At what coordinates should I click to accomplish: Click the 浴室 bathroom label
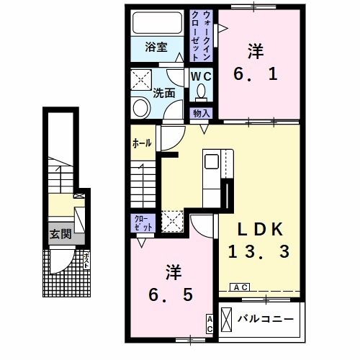(x=156, y=48)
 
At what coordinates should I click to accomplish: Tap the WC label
(x=199, y=76)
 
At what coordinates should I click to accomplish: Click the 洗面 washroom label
(x=165, y=93)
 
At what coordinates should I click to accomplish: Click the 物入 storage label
(x=200, y=113)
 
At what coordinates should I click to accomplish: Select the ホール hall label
(x=142, y=143)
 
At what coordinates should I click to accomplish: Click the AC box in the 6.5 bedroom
(x=210, y=323)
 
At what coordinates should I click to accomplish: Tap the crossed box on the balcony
(x=226, y=318)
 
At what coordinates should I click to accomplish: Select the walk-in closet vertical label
(x=199, y=35)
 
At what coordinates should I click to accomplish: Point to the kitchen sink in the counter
(x=213, y=159)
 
